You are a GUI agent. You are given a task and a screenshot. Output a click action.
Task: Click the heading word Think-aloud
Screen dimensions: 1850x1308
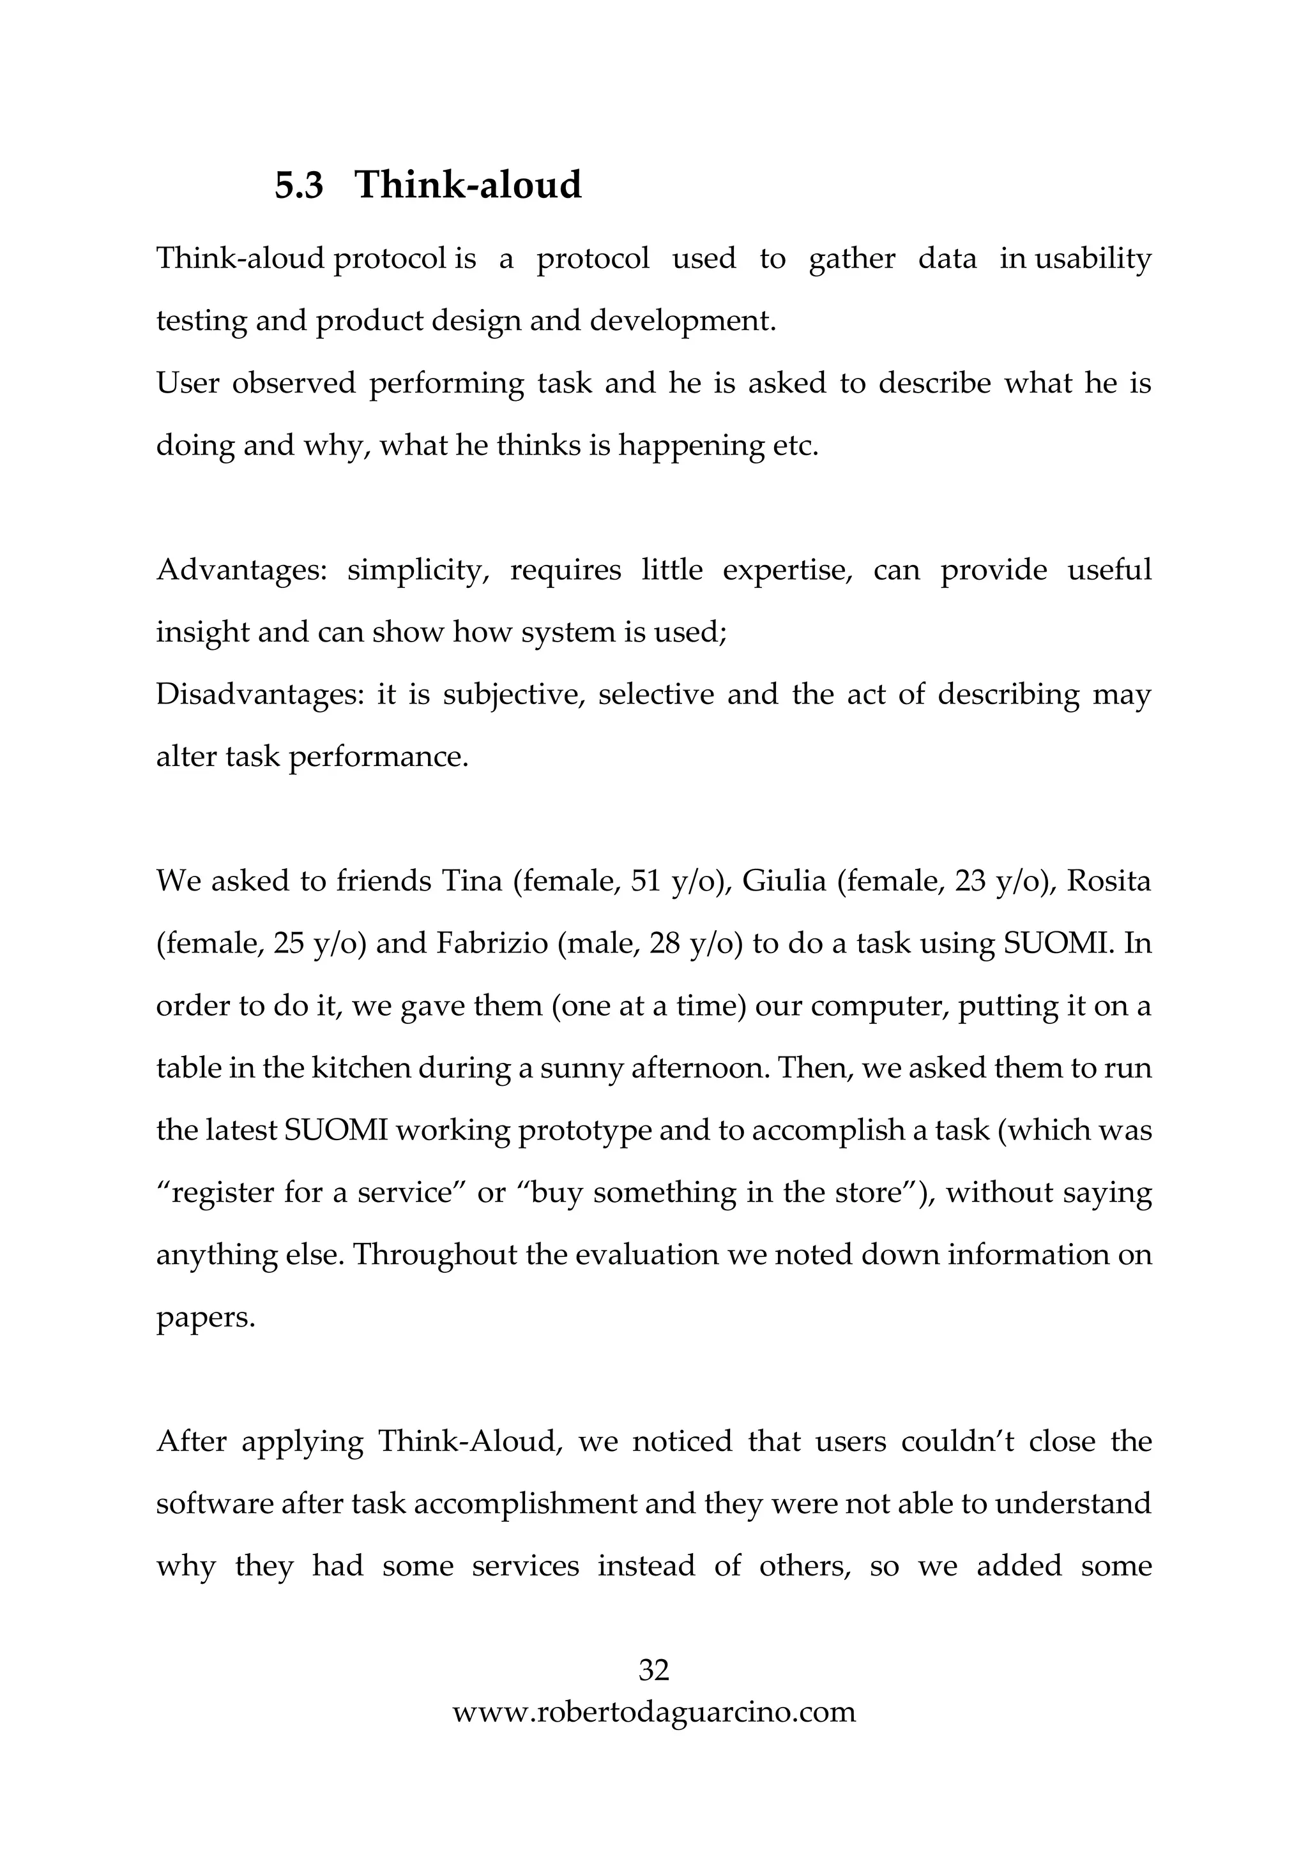point(468,185)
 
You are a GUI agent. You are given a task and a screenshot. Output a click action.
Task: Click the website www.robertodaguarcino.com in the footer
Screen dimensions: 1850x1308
point(653,1711)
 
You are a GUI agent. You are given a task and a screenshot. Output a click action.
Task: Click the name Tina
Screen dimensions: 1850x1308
point(471,882)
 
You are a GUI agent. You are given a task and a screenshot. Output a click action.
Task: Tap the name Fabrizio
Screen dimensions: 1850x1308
point(492,944)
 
